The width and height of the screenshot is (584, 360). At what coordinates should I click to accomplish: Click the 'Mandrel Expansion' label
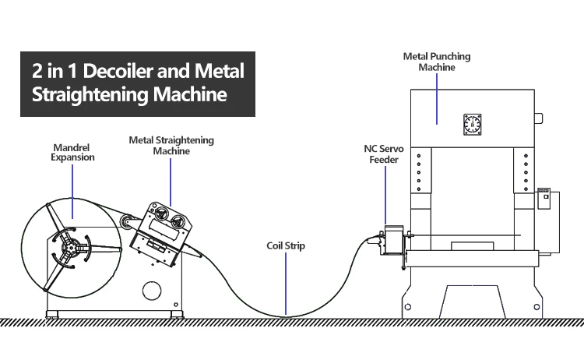(x=74, y=151)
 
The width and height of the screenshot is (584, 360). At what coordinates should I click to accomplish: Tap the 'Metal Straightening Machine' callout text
(x=171, y=146)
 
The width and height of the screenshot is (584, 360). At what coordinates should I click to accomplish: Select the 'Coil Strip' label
(x=285, y=246)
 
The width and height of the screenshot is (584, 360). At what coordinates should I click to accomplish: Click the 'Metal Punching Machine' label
(x=436, y=62)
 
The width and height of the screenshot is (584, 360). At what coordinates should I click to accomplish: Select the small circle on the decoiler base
(x=152, y=290)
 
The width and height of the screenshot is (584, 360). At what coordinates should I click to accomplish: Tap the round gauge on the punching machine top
(x=473, y=123)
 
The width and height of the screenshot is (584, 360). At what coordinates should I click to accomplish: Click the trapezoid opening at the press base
(x=472, y=300)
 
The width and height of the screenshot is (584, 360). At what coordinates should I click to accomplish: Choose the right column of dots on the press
(x=526, y=171)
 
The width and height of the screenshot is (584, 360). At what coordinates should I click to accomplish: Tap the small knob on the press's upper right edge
(x=538, y=118)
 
